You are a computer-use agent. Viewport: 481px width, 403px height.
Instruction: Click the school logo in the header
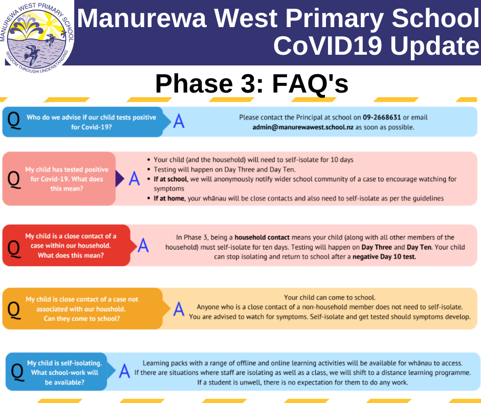[37, 37]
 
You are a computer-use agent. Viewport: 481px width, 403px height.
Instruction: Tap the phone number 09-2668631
[382, 118]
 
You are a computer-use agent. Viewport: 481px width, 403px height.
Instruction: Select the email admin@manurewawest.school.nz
[303, 127]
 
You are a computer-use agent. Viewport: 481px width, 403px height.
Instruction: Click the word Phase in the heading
[194, 83]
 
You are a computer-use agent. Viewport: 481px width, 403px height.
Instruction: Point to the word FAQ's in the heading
[310, 83]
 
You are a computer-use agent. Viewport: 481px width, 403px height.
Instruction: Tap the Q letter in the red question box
[14, 248]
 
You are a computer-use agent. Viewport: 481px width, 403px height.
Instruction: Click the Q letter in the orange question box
[14, 310]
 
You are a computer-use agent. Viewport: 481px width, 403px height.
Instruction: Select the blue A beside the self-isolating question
[124, 371]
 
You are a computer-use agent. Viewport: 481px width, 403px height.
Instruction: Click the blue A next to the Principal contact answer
[179, 121]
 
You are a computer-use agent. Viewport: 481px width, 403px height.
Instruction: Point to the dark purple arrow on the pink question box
[120, 178]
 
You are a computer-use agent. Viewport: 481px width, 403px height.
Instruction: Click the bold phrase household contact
[262, 237]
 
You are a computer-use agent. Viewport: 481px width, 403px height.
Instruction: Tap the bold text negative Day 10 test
[384, 257]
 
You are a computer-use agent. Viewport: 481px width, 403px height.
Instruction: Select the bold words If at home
[169, 198]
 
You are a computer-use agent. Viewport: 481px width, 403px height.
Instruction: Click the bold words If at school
[170, 179]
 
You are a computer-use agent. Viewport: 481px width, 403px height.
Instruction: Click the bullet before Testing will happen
[149, 170]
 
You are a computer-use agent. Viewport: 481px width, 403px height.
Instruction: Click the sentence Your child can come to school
[330, 298]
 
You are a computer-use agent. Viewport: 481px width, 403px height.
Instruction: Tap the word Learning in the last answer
[156, 364]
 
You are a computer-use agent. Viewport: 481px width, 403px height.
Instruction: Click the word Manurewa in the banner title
[142, 18]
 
